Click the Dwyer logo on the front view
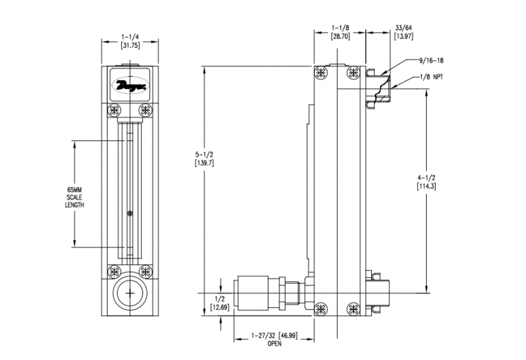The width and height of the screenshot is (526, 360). pos(130,85)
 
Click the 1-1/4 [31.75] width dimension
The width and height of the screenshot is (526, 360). pos(130,41)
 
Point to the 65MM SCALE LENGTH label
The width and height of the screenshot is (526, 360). pos(75,197)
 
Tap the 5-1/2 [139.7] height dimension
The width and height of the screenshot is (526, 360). pos(204,159)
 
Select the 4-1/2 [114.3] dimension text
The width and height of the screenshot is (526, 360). pos(426,182)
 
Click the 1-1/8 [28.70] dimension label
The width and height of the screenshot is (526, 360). pos(340,32)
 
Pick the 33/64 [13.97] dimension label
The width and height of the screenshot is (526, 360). pos(403,32)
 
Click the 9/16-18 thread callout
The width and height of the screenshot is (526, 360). pos(431,61)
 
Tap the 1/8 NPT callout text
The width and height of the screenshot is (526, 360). pos(431,77)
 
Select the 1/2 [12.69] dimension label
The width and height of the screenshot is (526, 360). pos(220,303)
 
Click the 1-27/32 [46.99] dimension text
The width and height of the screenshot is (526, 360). pos(275,335)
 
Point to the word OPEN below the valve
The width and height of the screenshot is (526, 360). pos(275,344)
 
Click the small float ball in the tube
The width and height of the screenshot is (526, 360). pos(130,213)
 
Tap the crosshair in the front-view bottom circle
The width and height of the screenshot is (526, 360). pos(130,294)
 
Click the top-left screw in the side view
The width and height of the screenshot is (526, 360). pos(321,73)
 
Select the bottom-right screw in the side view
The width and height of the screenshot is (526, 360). pos(353,309)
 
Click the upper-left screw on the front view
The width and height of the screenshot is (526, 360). pos(114,110)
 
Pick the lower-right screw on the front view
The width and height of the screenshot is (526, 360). pos(146,272)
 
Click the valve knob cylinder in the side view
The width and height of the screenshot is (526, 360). pos(253,293)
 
